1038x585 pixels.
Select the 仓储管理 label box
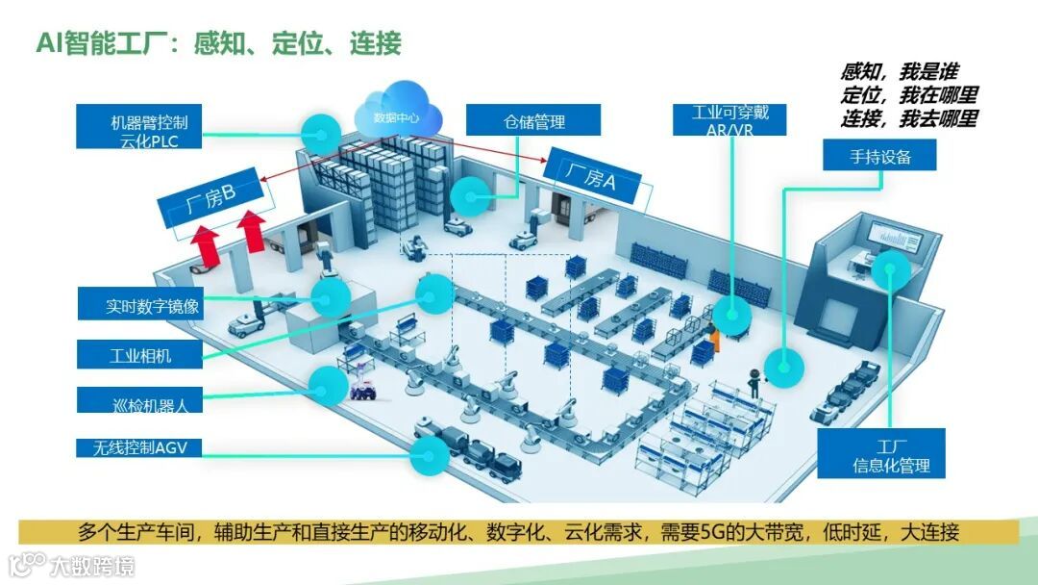coord(533,121)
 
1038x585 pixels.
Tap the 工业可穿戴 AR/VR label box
coord(730,120)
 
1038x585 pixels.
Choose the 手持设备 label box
coord(879,156)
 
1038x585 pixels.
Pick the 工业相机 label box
coord(140,353)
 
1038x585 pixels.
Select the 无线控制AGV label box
coord(140,447)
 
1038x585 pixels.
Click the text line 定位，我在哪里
coord(908,95)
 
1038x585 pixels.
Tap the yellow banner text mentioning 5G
coord(518,532)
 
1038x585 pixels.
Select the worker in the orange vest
coord(713,338)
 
